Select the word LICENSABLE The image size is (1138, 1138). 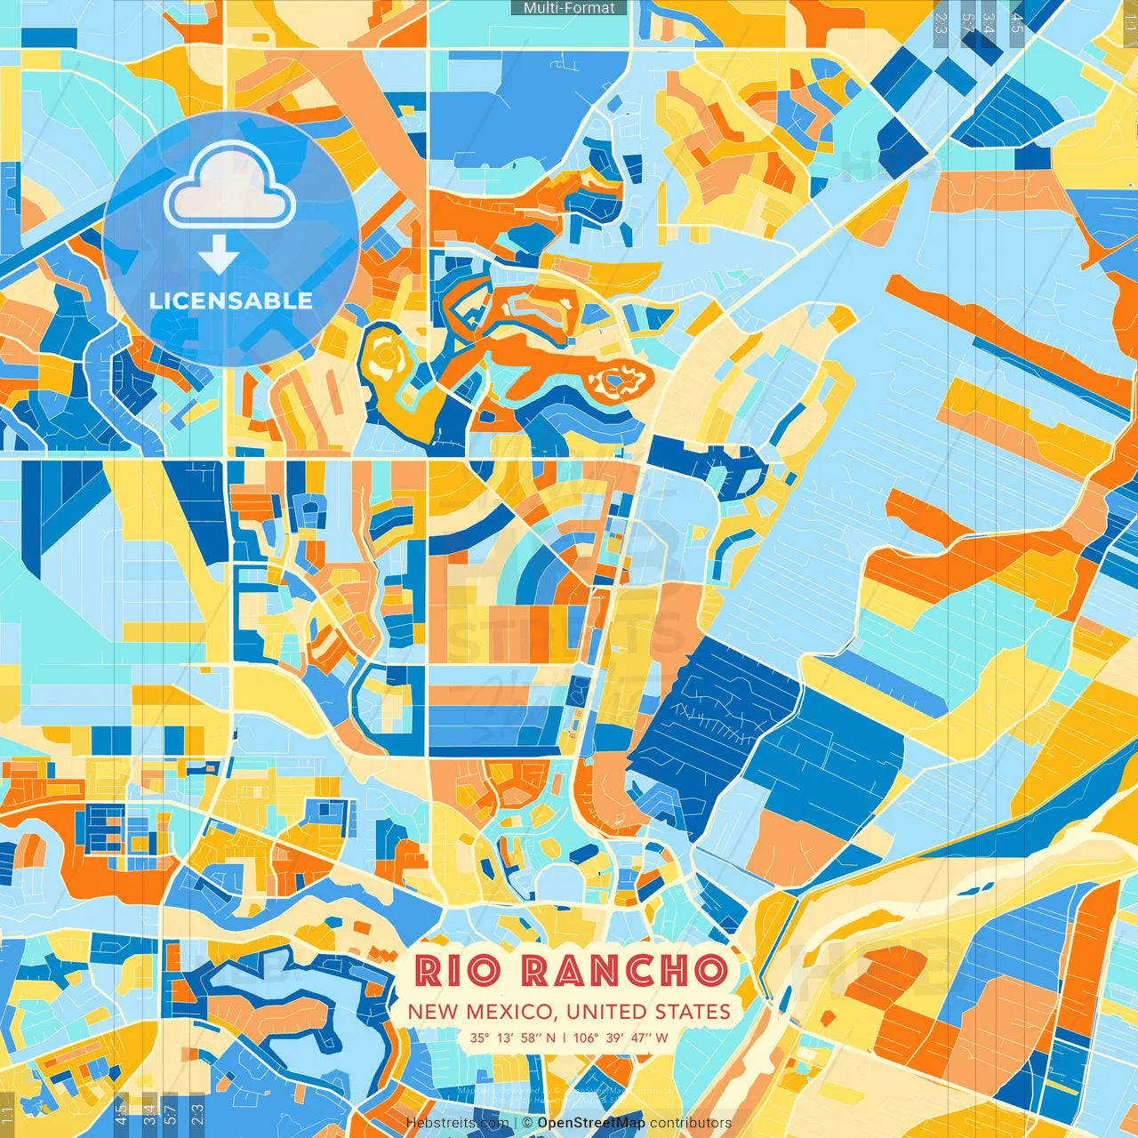tap(231, 301)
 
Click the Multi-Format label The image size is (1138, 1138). tap(569, 8)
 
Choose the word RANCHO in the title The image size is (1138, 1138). tap(624, 971)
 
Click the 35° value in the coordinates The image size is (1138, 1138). tap(480, 1038)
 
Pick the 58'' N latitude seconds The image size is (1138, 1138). tap(539, 1038)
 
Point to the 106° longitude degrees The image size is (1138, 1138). tap(586, 1038)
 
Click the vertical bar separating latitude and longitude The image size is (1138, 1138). tap(564, 1038)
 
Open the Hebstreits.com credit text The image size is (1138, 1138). tap(457, 1123)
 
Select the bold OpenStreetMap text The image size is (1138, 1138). tap(591, 1123)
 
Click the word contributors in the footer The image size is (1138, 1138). tap(691, 1123)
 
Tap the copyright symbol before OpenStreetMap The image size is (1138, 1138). tap(528, 1123)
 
